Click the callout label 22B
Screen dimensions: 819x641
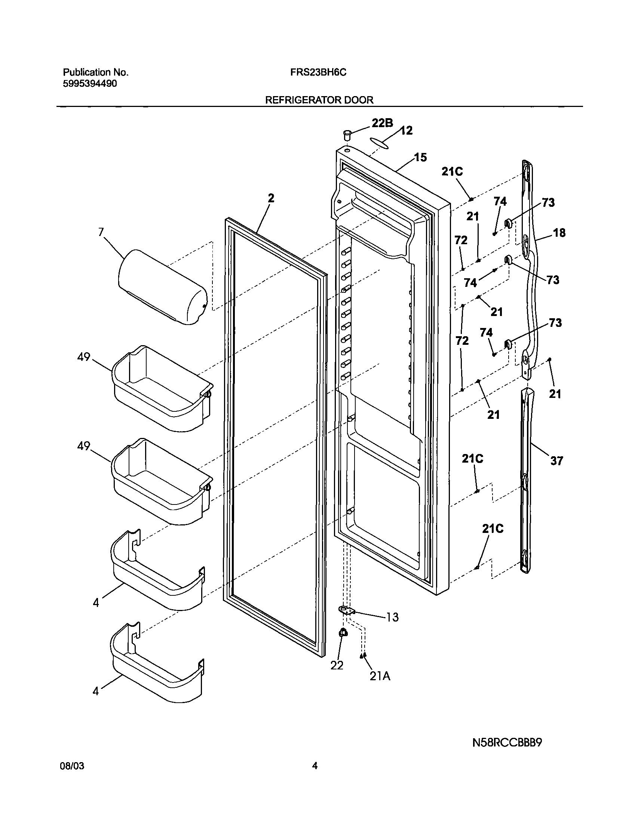tap(382, 123)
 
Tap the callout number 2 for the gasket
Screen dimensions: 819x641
tap(271, 198)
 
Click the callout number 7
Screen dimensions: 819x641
tap(101, 232)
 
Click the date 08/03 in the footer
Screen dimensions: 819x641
tap(72, 777)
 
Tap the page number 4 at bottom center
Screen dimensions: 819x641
tap(315, 776)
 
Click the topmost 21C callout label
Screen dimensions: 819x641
tap(452, 172)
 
